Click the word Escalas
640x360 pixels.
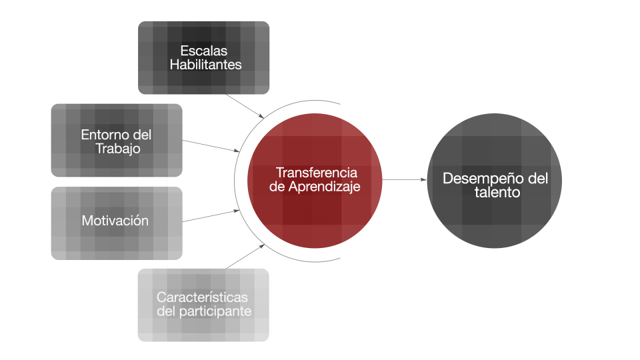click(203, 51)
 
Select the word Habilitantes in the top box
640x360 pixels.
click(205, 65)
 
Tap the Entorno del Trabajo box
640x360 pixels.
click(117, 141)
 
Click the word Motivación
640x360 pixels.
click(115, 221)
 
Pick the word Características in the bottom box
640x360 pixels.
click(202, 297)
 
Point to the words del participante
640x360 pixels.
click(203, 311)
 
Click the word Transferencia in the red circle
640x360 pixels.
click(316, 173)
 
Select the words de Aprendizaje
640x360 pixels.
click(315, 187)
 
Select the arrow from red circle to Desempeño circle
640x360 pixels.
click(404, 180)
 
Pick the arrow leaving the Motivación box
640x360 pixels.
click(210, 216)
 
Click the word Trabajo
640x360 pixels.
click(118, 149)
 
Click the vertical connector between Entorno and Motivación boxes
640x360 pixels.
click(167, 181)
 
